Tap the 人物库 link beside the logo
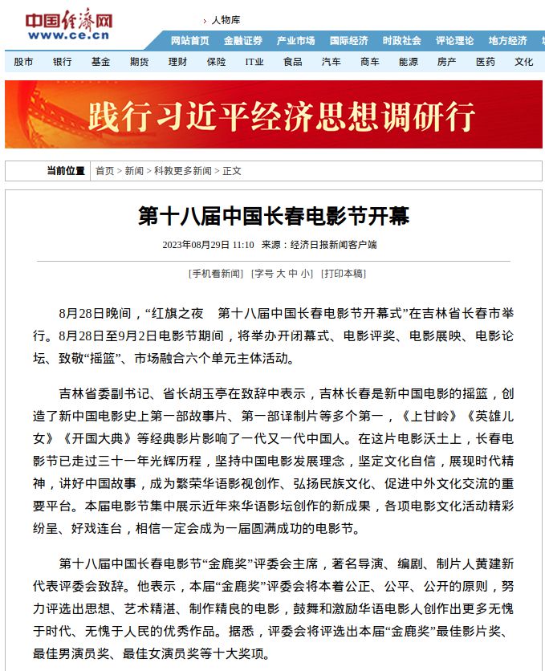coord(225,19)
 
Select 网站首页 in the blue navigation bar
coord(190,41)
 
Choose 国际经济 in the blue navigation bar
coord(348,41)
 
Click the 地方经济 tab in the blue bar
coord(507,41)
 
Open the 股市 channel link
coord(24,62)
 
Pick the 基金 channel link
coord(100,62)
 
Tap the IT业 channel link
coord(254,62)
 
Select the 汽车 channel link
coord(331,62)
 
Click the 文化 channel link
coord(524,62)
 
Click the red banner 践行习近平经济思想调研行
coord(273,116)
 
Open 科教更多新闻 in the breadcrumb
coord(183,171)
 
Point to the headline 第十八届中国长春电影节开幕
coord(273,216)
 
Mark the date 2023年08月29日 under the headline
coord(197,245)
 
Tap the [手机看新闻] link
coord(215,274)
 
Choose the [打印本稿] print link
coord(343,274)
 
